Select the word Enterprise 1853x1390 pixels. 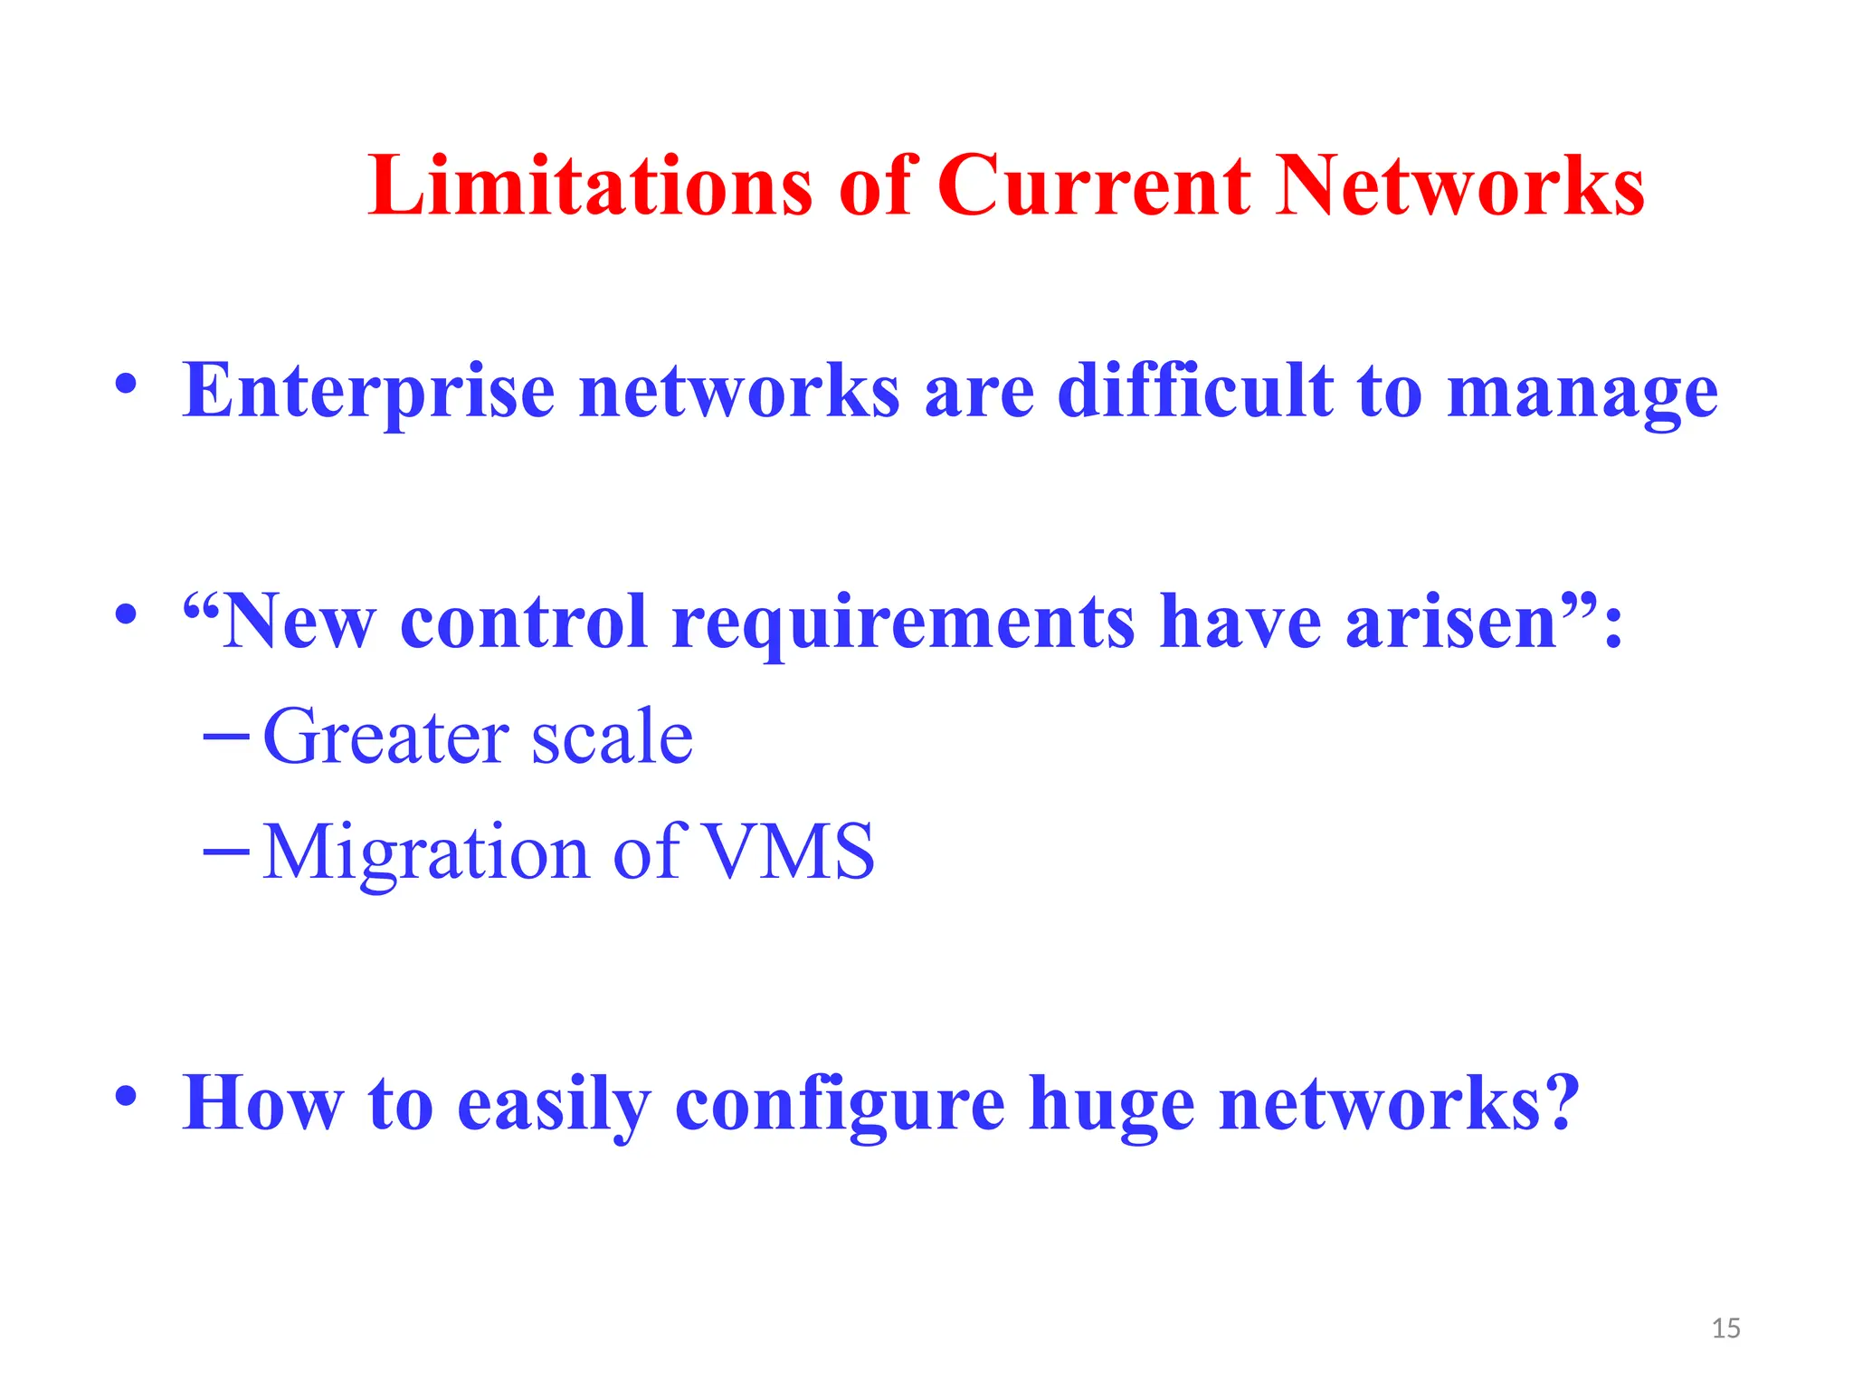tap(368, 391)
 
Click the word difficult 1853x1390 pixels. tap(1194, 391)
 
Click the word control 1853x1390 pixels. tap(524, 622)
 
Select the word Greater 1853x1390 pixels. tap(385, 737)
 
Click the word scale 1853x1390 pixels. tap(612, 737)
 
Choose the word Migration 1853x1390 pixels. tap(425, 852)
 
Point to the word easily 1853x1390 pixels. tap(554, 1105)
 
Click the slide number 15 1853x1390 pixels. tap(1726, 1328)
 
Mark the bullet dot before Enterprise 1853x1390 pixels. tap(127, 384)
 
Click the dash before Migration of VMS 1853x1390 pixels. tap(226, 852)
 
